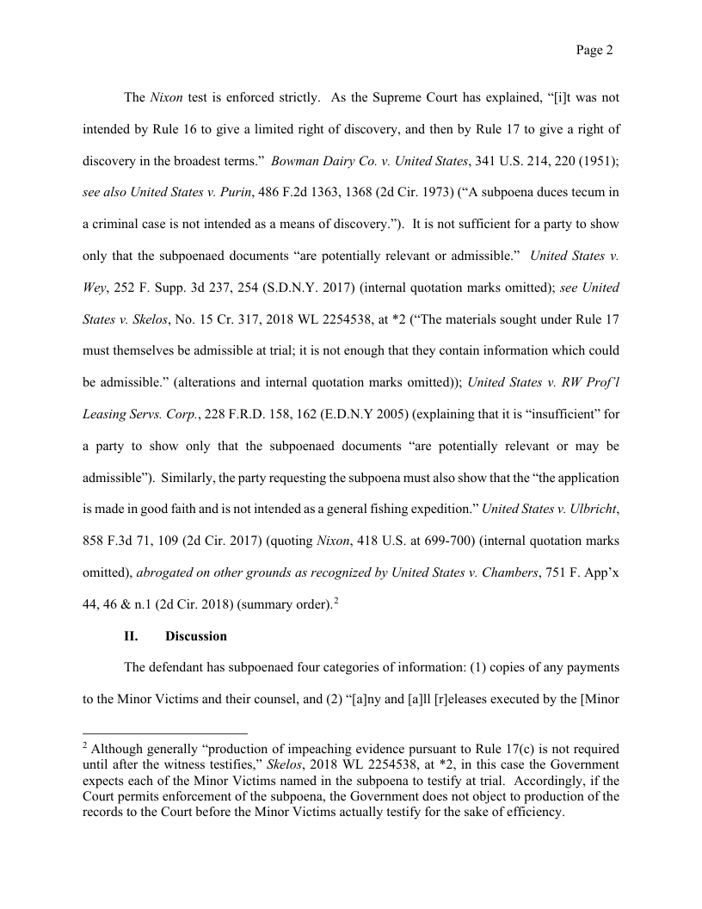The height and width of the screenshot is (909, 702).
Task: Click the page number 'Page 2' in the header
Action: pos(594,51)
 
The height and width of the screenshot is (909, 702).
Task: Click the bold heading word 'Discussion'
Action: pos(196,636)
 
